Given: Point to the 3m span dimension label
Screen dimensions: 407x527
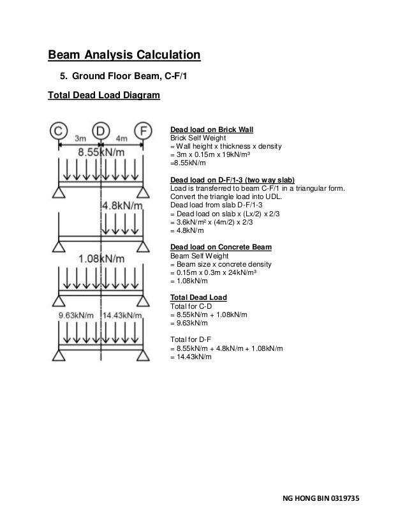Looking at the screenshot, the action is coord(80,138).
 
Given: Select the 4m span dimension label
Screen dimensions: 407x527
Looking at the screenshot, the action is coord(123,138).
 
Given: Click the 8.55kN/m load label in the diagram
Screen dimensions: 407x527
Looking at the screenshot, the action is coord(101,153).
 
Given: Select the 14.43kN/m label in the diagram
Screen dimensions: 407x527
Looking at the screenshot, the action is coord(126,315).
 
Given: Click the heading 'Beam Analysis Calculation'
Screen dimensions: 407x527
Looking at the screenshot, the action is coord(125,55).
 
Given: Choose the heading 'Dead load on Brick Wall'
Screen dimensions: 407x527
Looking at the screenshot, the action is coord(211,130).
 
